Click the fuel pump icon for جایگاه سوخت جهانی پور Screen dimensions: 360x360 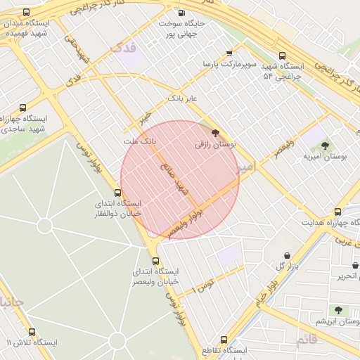point(182,13)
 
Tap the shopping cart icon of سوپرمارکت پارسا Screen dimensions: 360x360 point(229,53)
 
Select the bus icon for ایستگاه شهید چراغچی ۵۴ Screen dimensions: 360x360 point(282,56)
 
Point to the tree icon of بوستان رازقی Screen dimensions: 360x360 point(215,132)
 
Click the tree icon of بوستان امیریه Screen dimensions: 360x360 point(324,146)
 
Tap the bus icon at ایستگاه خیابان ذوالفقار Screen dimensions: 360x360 point(118,193)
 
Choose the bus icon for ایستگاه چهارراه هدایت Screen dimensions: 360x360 point(337,212)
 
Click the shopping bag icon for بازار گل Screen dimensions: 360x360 point(287,255)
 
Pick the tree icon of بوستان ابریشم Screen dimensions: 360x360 point(338,310)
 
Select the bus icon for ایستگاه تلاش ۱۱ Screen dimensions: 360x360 point(32,332)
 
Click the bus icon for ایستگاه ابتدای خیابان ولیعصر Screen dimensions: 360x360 point(155,259)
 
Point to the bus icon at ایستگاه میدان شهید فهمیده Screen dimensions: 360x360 point(27,13)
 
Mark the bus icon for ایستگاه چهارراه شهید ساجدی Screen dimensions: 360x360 point(23,108)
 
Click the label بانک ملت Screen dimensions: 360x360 point(139,142)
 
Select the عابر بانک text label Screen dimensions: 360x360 point(182,98)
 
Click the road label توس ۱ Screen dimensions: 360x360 point(205,284)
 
